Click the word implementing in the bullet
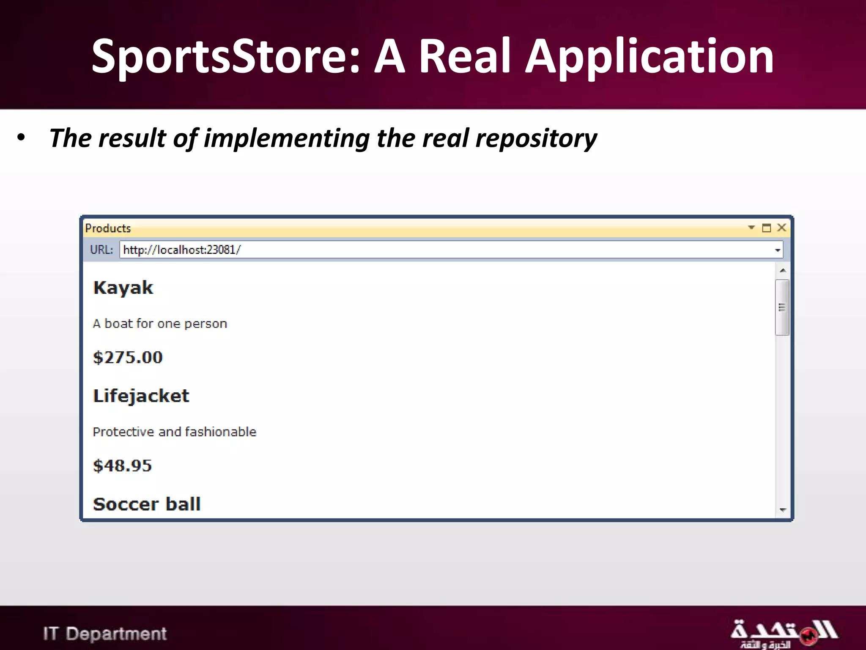tap(287, 138)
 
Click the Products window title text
tap(108, 229)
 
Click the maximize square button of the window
tap(766, 228)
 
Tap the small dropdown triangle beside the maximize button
tap(751, 228)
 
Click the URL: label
tap(101, 250)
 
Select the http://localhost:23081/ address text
tap(182, 250)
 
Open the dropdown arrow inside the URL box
tap(777, 250)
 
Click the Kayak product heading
tap(123, 288)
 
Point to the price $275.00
tap(128, 358)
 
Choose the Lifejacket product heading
tap(141, 396)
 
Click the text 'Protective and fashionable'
tap(174, 432)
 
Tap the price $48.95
tap(122, 466)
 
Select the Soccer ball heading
tap(146, 504)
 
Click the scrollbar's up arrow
tap(783, 270)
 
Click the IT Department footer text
tap(105, 633)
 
